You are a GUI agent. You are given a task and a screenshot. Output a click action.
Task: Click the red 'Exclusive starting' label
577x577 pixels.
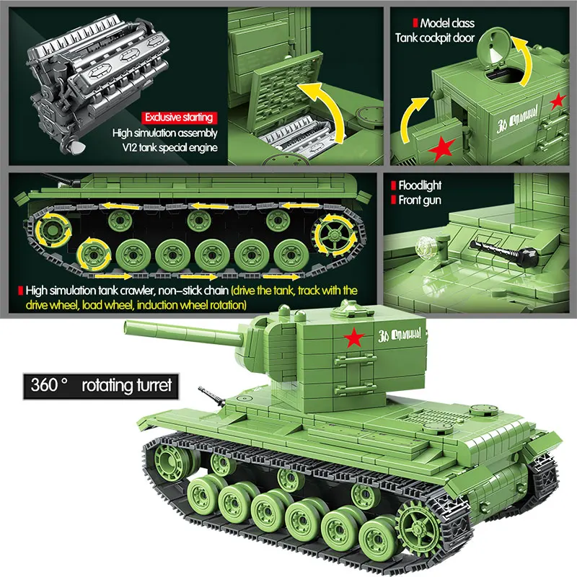178,117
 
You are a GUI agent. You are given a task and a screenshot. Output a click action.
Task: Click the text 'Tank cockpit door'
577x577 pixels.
435,37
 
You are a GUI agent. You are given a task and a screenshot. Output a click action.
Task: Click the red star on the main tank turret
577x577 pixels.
353,336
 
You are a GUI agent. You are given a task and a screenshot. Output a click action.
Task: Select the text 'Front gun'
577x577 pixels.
420,201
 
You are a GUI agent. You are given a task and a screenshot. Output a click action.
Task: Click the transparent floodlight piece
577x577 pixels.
427,245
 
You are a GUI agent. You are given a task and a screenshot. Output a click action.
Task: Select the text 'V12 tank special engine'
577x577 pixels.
164,149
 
